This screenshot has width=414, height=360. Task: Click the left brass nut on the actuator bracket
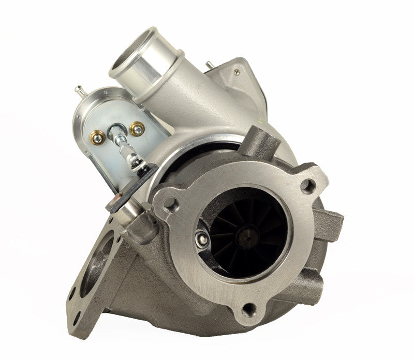pyautogui.click(x=97, y=137)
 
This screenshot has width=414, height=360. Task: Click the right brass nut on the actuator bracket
pyautogui.click(x=137, y=128)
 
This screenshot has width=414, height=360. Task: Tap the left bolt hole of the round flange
pyautogui.click(x=170, y=203)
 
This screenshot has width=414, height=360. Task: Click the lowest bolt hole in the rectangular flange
pyautogui.click(x=76, y=316)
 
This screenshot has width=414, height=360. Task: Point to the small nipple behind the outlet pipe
pyautogui.click(x=209, y=66)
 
